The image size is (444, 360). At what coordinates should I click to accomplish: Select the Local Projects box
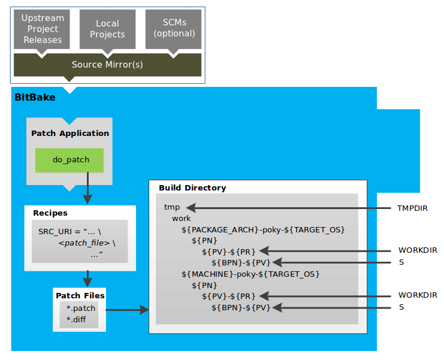108,29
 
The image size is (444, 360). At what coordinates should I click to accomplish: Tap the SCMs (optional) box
173,28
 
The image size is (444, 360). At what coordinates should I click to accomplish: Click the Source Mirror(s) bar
107,65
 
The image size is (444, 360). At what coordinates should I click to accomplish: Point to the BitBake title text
35,96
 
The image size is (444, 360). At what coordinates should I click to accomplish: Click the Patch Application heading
70,133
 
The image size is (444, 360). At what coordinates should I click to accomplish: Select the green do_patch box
70,161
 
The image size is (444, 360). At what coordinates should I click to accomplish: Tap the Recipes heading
50,213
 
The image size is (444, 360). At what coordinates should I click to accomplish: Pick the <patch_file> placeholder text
84,243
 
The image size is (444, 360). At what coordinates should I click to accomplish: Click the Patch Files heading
80,295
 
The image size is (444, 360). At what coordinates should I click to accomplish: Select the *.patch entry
81,308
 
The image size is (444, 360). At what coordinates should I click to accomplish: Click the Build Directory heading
192,187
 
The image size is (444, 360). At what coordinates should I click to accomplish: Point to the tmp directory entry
172,207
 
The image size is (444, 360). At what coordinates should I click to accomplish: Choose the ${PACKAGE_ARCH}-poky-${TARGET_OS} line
263,229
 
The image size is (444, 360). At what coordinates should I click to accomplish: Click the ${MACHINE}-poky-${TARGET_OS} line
250,274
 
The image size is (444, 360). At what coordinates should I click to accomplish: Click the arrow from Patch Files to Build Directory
127,310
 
